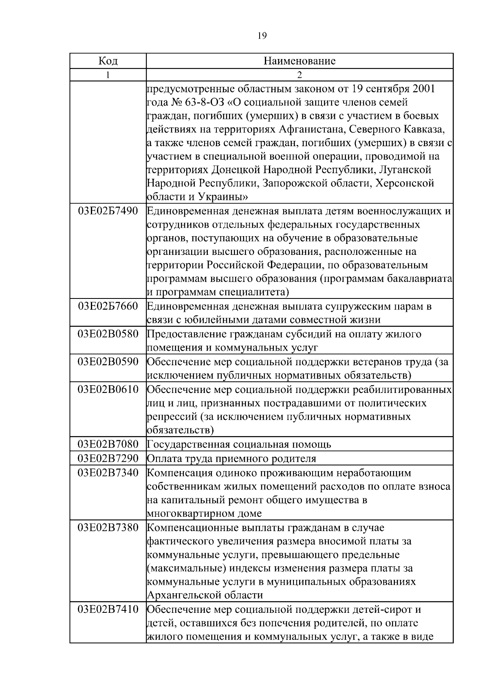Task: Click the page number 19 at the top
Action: click(262, 35)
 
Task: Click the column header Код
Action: click(108, 61)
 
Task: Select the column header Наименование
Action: click(300, 61)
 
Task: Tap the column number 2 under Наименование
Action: click(300, 75)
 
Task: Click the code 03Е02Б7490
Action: click(108, 211)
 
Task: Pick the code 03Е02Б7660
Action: click(108, 306)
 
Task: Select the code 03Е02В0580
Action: click(108, 334)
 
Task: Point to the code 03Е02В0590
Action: click(108, 361)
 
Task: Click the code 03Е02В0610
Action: click(108, 389)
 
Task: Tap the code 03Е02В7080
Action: click(108, 444)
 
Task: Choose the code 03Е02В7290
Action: click(108, 458)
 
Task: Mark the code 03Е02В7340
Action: click(108, 473)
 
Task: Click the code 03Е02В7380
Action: click(108, 528)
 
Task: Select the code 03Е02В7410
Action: click(108, 610)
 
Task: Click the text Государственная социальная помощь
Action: click(239, 444)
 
